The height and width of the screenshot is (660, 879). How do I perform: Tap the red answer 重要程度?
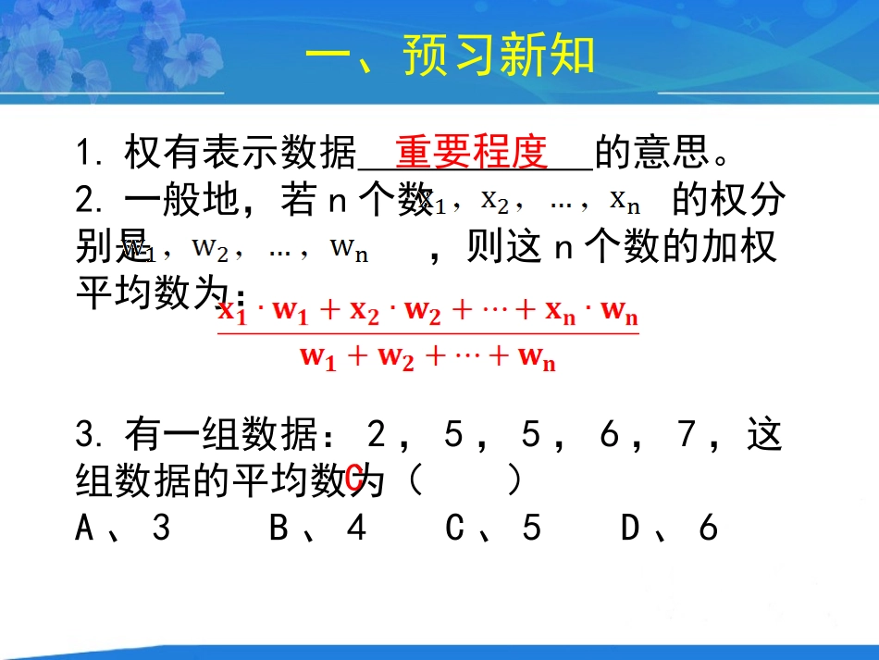click(472, 151)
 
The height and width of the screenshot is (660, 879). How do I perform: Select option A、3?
click(123, 528)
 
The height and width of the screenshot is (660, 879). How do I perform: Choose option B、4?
click(317, 528)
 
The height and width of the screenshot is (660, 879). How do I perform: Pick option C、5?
click(492, 528)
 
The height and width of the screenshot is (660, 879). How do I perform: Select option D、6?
click(670, 528)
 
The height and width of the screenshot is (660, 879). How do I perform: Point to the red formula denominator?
click(427, 357)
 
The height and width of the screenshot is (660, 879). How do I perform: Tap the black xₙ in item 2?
click(625, 200)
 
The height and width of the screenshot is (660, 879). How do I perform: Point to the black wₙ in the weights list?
click(348, 248)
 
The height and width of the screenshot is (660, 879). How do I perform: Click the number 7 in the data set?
click(687, 433)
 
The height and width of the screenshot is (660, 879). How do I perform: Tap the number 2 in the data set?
click(376, 433)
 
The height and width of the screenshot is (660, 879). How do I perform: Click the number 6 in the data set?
click(610, 433)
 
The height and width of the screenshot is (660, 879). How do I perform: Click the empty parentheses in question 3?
click(465, 480)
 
